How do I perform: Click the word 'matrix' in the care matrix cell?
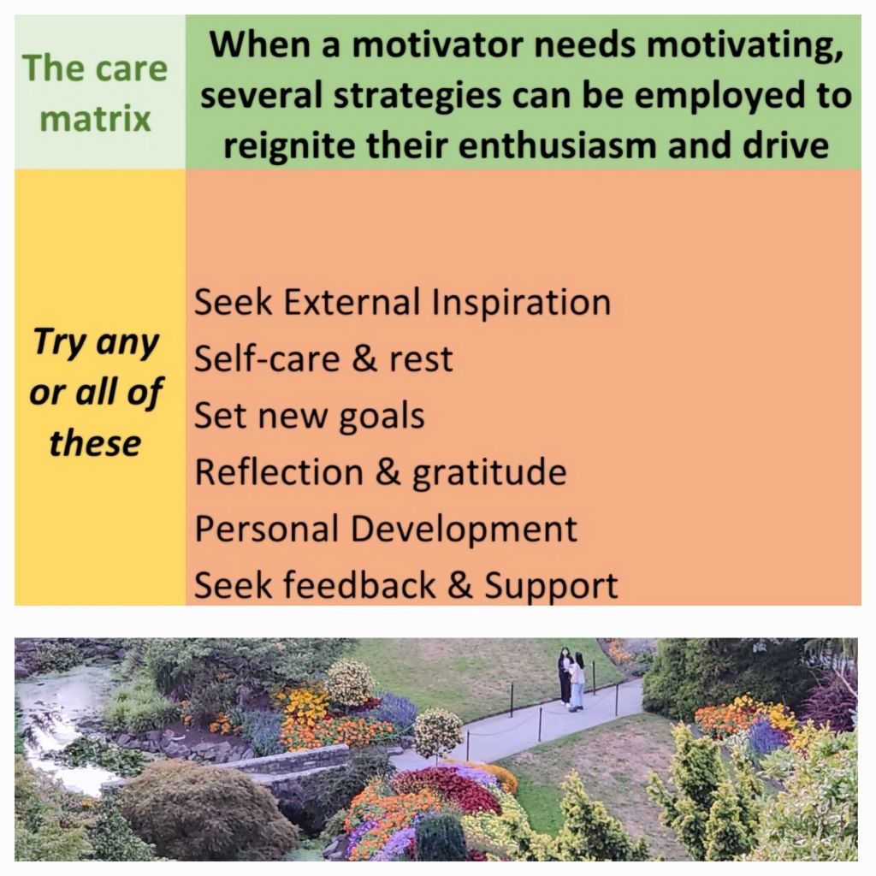click(96, 118)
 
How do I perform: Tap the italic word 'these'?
click(95, 443)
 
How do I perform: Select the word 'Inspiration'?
click(521, 303)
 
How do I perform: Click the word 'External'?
click(352, 303)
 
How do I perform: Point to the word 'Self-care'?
click(267, 358)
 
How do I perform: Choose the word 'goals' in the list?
click(382, 417)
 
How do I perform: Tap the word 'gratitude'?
click(489, 473)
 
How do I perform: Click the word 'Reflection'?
click(279, 472)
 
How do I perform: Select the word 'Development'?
click(464, 529)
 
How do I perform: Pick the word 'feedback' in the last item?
click(360, 585)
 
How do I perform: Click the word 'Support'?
click(551, 586)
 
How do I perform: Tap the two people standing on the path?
click(571, 678)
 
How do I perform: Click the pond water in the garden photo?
click(56, 720)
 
